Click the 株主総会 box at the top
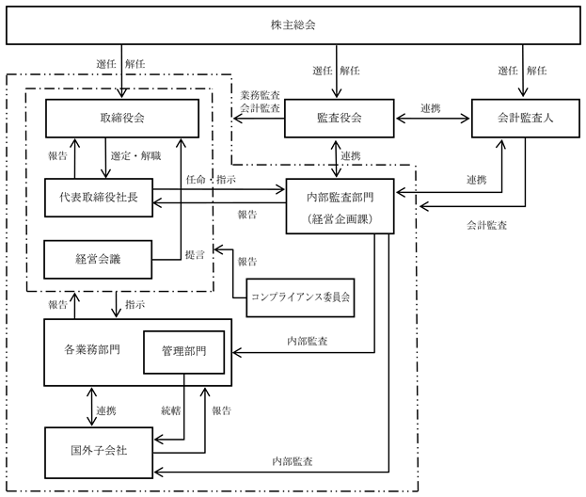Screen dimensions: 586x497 pyautogui.click(x=293, y=25)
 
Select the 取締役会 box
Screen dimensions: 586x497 pyautogui.click(x=122, y=119)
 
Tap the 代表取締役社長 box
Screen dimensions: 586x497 pyautogui.click(x=99, y=198)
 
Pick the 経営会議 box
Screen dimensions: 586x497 pyautogui.click(x=98, y=259)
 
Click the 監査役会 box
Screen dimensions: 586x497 pyautogui.click(x=339, y=119)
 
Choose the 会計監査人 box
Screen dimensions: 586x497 pyautogui.click(x=526, y=119)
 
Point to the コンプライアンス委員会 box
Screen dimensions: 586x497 pyautogui.click(x=300, y=297)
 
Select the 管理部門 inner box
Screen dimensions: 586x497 pyautogui.click(x=183, y=352)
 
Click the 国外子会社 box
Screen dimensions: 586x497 pyautogui.click(x=99, y=453)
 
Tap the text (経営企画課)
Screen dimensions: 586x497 pyautogui.click(x=340, y=219)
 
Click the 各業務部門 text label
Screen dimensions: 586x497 pyautogui.click(x=92, y=349)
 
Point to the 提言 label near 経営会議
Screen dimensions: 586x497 pyautogui.click(x=195, y=255)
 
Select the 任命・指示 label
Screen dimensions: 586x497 pyautogui.click(x=211, y=180)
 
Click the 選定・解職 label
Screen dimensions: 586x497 pyautogui.click(x=135, y=155)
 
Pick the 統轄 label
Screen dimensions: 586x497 pyautogui.click(x=171, y=410)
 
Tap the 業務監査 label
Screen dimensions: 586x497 pyautogui.click(x=260, y=95)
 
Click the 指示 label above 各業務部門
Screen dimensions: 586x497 pyautogui.click(x=135, y=304)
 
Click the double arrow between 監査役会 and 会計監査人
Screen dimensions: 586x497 pyautogui.click(x=433, y=119)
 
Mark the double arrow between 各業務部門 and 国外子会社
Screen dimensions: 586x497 pyautogui.click(x=91, y=407)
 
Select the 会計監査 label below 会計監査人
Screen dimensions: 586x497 pyautogui.click(x=486, y=225)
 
